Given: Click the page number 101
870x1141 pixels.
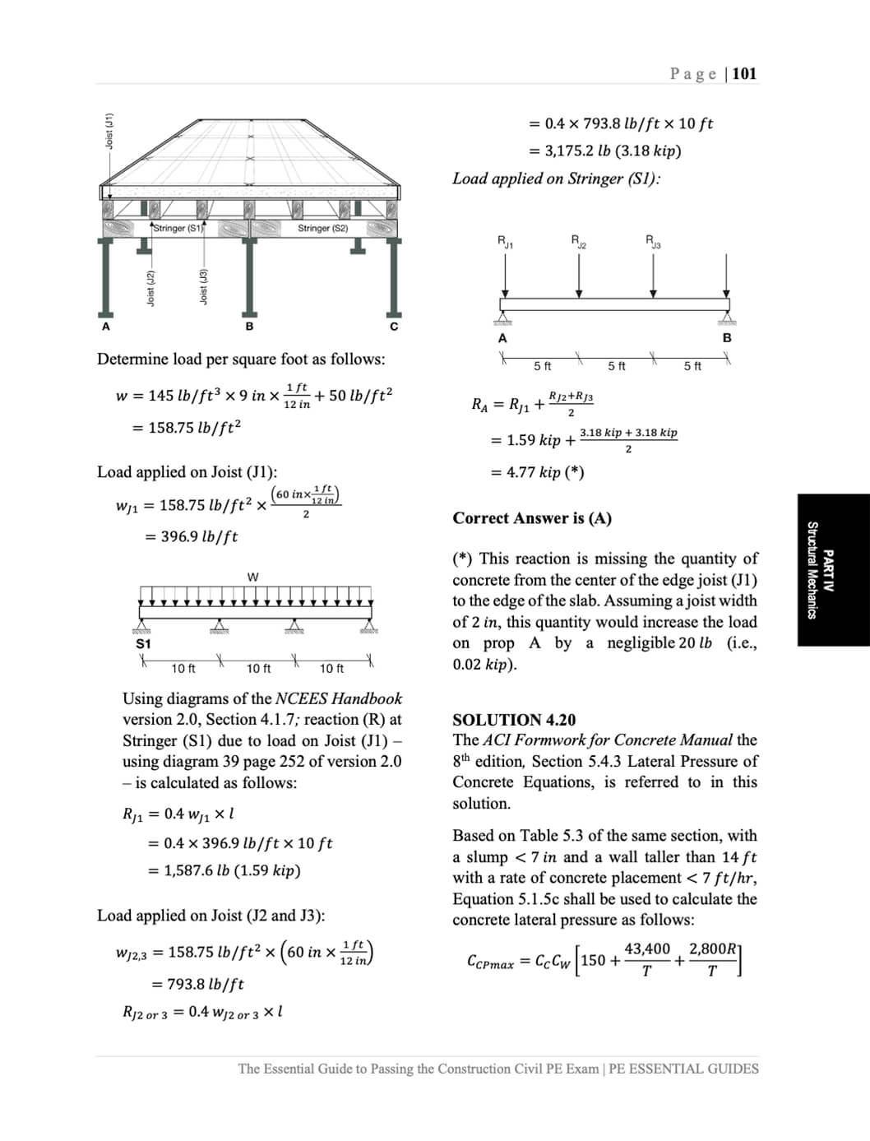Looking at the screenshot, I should point(744,73).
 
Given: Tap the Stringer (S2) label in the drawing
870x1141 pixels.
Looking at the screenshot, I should point(322,228).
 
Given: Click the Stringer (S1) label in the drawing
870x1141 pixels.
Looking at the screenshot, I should point(178,228).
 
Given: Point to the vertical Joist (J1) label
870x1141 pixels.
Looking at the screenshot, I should point(109,131).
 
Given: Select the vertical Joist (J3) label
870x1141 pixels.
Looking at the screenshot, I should point(203,287).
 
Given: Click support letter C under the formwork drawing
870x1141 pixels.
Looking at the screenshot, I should point(394,327).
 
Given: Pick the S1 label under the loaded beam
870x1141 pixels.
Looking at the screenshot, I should point(143,643).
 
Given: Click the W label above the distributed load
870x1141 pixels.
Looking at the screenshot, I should point(252,577).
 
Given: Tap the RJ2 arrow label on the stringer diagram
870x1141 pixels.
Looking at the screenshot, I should point(579,241).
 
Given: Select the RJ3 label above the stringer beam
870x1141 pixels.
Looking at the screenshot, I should point(653,241).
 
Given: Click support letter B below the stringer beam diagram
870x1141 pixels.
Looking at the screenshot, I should point(727,337).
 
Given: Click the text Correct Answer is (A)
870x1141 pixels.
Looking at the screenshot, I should point(532,518).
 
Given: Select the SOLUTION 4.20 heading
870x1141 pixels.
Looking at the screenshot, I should point(514,720).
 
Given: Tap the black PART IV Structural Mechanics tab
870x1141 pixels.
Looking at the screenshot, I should point(832,570).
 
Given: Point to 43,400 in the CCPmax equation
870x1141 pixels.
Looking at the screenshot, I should point(647,949).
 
